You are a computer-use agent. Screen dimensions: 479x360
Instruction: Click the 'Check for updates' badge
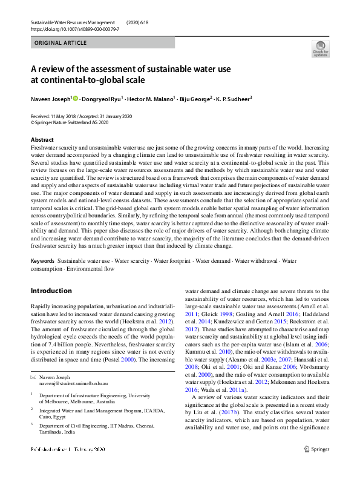[321, 48]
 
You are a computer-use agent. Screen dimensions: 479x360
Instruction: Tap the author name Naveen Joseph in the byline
[50, 98]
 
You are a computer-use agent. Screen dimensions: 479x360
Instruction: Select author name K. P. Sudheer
[234, 98]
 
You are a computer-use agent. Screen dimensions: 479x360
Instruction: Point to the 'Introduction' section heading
[51, 290]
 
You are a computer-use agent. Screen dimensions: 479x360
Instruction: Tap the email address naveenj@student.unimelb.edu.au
[73, 383]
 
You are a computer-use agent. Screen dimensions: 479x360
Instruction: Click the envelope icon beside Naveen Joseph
[33, 377]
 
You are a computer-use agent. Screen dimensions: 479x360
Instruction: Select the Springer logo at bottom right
[316, 466]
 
